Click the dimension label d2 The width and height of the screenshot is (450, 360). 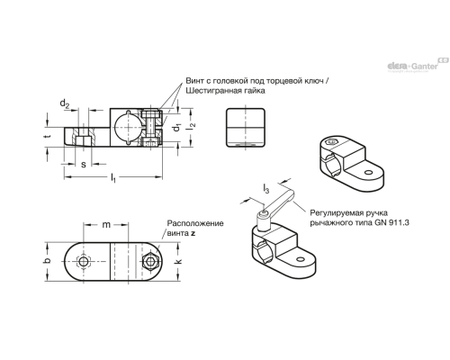pyautogui.click(x=65, y=103)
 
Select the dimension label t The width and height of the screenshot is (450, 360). pyautogui.click(x=47, y=137)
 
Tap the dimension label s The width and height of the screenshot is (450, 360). pyautogui.click(x=84, y=165)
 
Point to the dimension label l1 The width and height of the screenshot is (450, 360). pyautogui.click(x=113, y=178)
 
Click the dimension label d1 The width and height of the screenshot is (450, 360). pyautogui.click(x=176, y=127)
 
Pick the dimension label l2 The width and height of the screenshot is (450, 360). pyautogui.click(x=191, y=126)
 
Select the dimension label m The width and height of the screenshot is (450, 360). pyautogui.click(x=106, y=224)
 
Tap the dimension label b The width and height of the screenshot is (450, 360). pyautogui.click(x=47, y=261)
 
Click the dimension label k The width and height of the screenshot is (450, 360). pyautogui.click(x=178, y=261)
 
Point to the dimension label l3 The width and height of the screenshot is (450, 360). pyautogui.click(x=265, y=188)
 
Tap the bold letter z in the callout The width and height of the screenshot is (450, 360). pyautogui.click(x=193, y=233)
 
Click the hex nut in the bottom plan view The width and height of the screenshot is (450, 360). pyautogui.click(x=150, y=262)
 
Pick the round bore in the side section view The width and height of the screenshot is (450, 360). pyautogui.click(x=128, y=128)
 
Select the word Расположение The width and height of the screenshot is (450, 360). pyautogui.click(x=195, y=223)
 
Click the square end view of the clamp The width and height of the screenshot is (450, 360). pyautogui.click(x=245, y=128)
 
